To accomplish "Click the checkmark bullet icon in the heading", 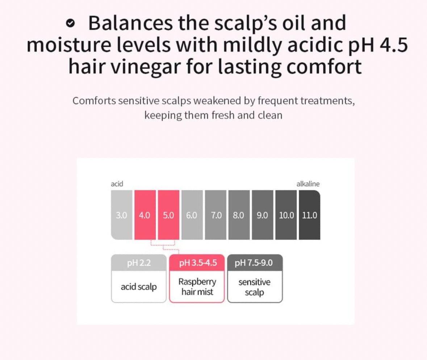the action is click(x=70, y=24).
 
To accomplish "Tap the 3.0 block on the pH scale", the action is click(x=121, y=215).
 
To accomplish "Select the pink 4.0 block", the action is click(x=145, y=215).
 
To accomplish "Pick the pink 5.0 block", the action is click(x=168, y=215).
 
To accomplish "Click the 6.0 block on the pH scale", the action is click(x=192, y=215).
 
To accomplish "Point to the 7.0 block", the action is click(x=216, y=215).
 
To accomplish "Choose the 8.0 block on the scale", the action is click(x=239, y=215).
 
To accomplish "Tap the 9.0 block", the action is click(x=263, y=215).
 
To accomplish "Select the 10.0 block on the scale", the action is click(x=286, y=215).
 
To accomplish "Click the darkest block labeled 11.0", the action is click(x=310, y=215).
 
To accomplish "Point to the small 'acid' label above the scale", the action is click(x=117, y=184).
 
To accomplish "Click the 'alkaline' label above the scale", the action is click(x=308, y=184).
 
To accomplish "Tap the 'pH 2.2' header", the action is click(x=139, y=263).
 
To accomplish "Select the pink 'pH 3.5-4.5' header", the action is click(x=197, y=263).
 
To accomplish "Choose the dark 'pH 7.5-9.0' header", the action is click(x=255, y=263).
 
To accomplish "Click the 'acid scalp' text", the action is click(x=139, y=287).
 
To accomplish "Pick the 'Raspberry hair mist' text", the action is click(x=197, y=287).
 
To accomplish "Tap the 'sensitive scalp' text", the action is click(x=254, y=287).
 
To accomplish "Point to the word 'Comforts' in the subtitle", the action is click(x=94, y=101).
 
